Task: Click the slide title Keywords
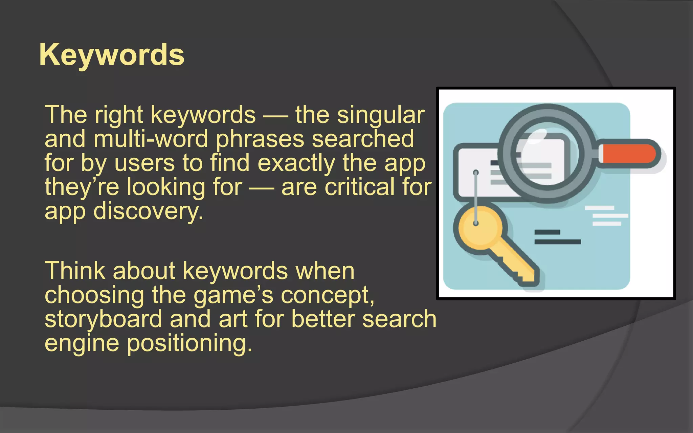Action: pyautogui.click(x=112, y=55)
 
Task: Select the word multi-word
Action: pyautogui.click(x=151, y=139)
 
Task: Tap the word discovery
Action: pyautogui.click(x=148, y=211)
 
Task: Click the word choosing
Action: pyautogui.click(x=94, y=295)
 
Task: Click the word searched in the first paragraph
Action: pyautogui.click(x=363, y=139)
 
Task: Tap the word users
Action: pyautogui.click(x=144, y=163)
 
